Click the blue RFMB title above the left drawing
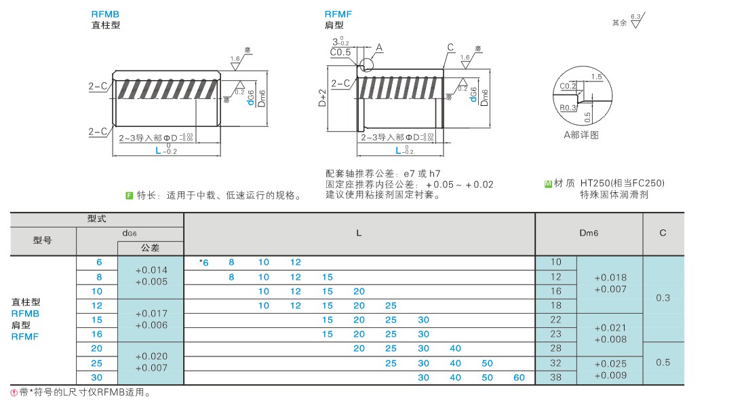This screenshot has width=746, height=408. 106,14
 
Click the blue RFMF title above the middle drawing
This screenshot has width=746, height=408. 338,14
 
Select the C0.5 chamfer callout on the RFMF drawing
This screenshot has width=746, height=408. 340,52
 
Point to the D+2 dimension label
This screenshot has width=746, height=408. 323,99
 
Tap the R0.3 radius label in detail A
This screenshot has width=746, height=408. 568,108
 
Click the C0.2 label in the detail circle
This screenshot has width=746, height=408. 568,86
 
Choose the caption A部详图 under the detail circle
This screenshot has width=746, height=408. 581,135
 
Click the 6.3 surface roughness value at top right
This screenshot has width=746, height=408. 635,15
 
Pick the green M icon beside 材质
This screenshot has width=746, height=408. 548,184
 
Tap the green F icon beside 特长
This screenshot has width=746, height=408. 129,196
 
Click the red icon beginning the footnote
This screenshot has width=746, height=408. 14,392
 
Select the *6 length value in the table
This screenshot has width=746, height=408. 204,262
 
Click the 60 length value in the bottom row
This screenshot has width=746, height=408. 519,377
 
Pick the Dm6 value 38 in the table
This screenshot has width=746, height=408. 556,377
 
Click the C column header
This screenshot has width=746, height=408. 663,233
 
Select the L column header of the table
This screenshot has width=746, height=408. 359,233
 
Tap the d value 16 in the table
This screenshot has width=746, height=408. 97,334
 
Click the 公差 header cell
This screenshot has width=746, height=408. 150,248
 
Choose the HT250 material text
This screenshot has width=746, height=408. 598,184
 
